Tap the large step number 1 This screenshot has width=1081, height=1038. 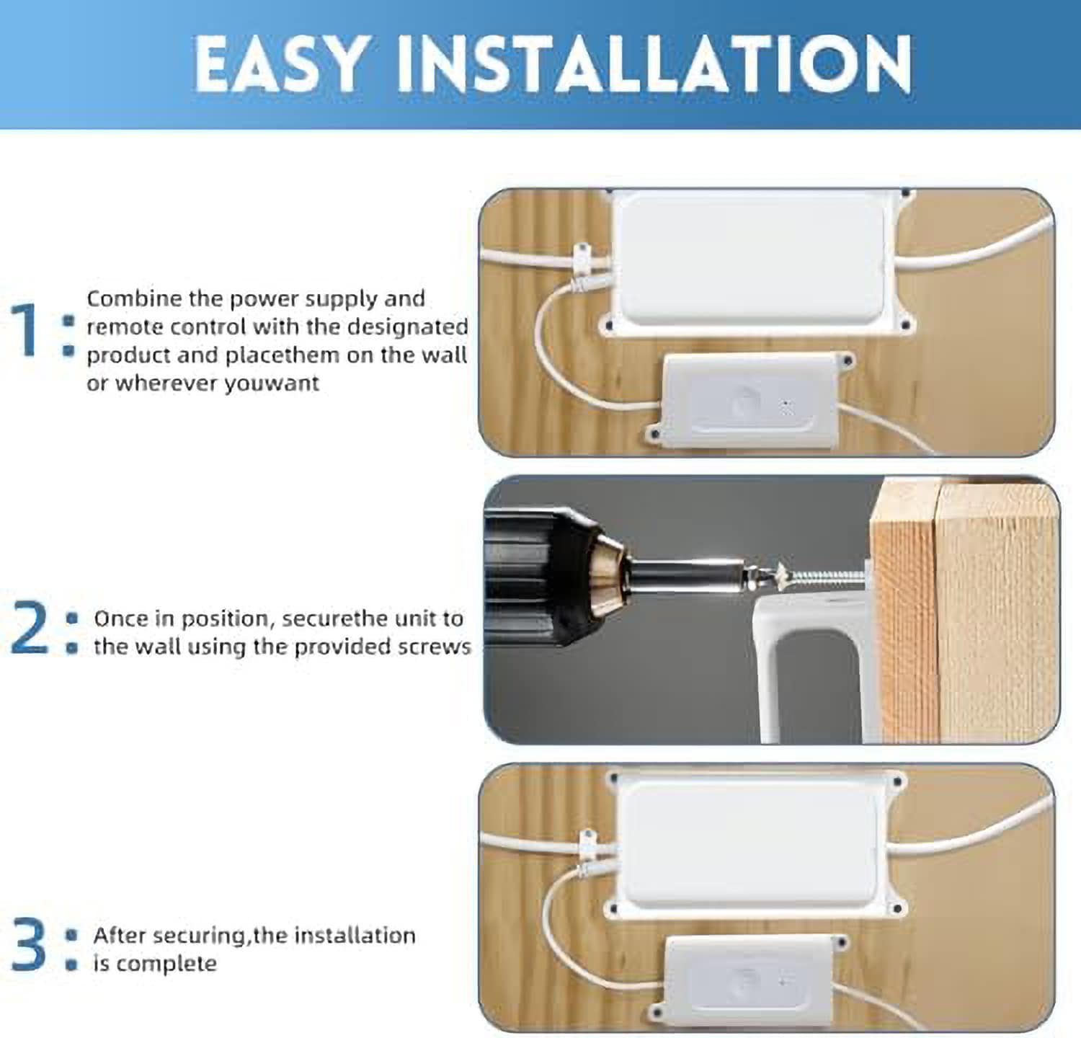[x=26, y=330]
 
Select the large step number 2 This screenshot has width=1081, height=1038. [x=30, y=629]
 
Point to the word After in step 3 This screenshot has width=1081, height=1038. [x=120, y=936]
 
